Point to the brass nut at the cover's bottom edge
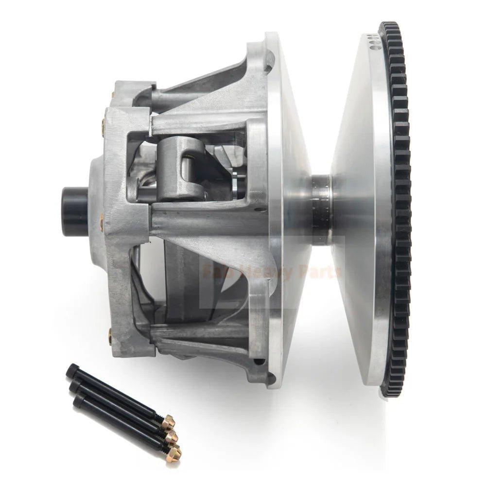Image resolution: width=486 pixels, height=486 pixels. click(110, 335)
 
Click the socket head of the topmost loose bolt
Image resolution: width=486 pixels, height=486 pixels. click(72, 370)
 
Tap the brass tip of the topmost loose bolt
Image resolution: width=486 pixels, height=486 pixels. click(168, 422)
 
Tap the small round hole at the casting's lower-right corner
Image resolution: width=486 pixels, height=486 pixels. click(262, 363)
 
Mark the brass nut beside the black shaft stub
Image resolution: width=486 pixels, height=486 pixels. click(102, 221)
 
